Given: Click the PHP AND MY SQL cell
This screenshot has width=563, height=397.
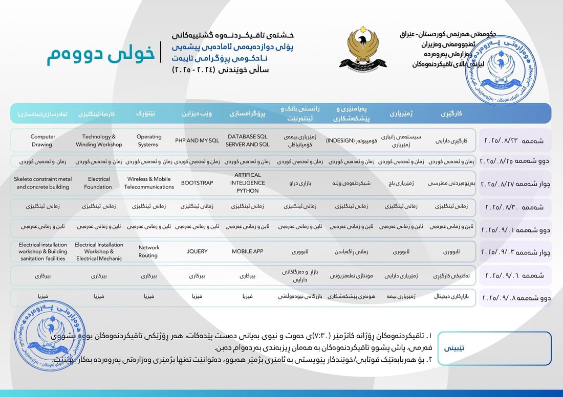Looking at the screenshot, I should tap(197, 141).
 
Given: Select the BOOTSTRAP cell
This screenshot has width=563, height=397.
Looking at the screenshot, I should tap(197, 183).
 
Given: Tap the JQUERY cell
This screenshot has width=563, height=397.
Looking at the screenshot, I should tap(197, 251).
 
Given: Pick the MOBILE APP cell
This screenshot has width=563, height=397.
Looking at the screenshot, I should tap(248, 251).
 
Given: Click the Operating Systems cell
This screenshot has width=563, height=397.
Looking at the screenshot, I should tap(148, 141).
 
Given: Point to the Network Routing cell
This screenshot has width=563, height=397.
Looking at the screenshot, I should tap(148, 251).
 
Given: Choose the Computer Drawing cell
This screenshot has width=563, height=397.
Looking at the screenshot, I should tap(42, 141).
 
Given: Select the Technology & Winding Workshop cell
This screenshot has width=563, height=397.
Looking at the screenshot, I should tap(99, 141).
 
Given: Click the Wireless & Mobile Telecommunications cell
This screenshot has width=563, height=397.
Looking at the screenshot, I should tap(148, 183).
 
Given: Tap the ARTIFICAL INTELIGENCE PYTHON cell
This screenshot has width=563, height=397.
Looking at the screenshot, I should tap(248, 183).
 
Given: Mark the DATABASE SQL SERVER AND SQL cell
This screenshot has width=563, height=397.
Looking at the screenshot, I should tap(248, 141).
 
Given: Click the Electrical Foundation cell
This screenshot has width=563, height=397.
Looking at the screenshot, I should tap(99, 183).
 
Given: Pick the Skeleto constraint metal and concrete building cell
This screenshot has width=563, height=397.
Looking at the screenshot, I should tap(42, 183).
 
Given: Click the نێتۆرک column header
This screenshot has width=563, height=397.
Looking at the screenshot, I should tap(148, 113).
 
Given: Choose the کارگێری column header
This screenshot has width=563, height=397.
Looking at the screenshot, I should tap(451, 113).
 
